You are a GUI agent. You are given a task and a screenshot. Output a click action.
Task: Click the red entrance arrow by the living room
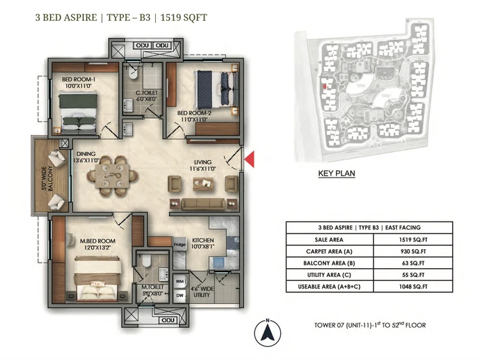[x=248, y=159]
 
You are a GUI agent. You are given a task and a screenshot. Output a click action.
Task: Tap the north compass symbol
[x=268, y=332]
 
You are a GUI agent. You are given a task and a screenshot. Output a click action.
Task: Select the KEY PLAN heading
[x=336, y=173]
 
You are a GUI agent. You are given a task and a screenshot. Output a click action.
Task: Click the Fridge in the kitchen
[x=180, y=245]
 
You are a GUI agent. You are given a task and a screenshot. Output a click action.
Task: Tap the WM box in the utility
[x=180, y=280]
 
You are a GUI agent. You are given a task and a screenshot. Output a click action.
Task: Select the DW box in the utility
[x=180, y=294]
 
